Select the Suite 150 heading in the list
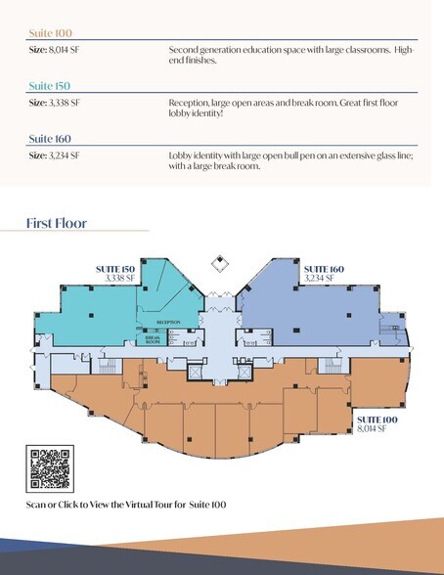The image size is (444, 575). (x=49, y=86)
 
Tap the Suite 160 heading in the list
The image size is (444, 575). (x=49, y=139)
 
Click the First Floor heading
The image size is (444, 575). (x=57, y=224)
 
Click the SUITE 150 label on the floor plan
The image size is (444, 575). (x=114, y=268)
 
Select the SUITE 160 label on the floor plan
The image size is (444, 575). (x=323, y=268)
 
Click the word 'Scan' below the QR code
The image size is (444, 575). (x=37, y=506)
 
